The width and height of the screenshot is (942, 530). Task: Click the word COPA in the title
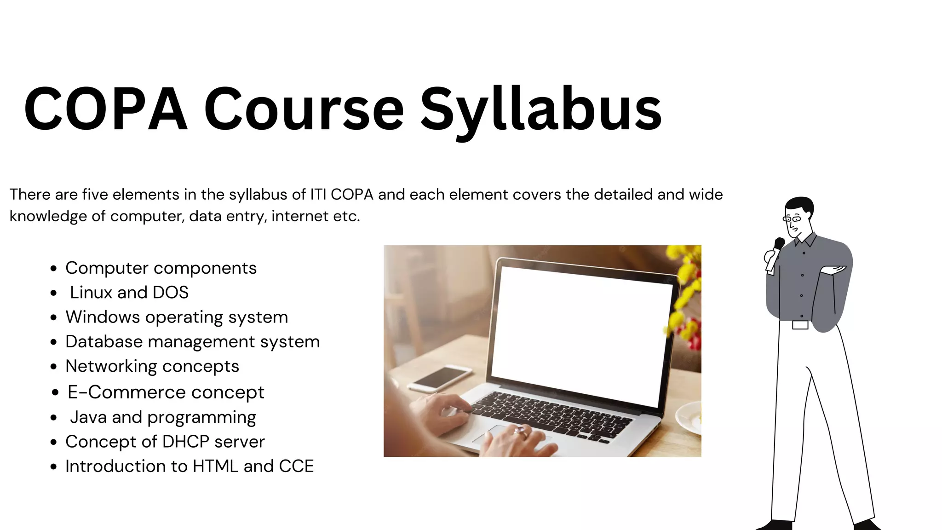coord(106,109)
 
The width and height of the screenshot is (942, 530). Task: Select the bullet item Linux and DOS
coord(129,293)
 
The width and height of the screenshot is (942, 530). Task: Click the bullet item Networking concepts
coord(152,366)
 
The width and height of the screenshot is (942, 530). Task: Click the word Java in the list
coord(88,417)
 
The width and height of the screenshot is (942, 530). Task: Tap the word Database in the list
coord(104,342)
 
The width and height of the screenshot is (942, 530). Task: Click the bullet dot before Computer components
coord(54,269)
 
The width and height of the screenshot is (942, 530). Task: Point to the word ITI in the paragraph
coord(318,195)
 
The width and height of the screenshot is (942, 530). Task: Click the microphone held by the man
coord(778,244)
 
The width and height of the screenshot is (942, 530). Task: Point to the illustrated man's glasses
coord(793,219)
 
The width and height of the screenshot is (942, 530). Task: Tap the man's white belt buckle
coord(800,325)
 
